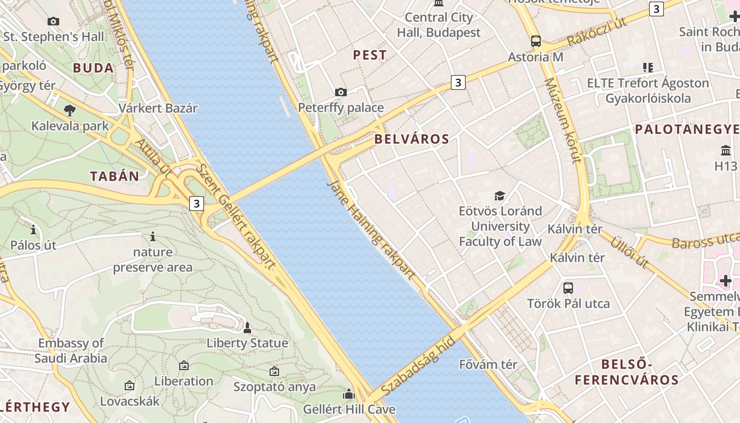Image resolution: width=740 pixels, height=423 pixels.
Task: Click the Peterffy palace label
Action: coord(341,108)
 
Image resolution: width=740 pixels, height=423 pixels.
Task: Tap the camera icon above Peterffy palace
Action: coord(341,93)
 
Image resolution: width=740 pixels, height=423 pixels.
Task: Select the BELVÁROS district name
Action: coord(412,140)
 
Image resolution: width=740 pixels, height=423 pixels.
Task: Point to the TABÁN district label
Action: coord(115,177)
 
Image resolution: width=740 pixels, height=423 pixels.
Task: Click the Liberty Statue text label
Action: coord(247,343)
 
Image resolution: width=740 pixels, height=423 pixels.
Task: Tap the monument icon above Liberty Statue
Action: coord(247,328)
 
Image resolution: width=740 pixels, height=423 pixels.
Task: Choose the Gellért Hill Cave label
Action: coord(349,409)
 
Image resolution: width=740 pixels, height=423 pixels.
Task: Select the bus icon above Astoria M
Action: coord(536,41)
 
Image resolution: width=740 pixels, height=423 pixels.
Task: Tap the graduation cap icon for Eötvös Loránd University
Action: coord(499,196)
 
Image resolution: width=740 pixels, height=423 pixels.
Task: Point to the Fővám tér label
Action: coord(488,364)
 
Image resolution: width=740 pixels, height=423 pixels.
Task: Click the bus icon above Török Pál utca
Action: coord(568,288)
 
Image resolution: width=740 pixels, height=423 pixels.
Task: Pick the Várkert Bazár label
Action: coord(158,108)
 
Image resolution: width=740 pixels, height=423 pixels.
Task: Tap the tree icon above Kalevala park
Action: coord(69,111)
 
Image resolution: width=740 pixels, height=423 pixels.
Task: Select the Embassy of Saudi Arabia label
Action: coord(71,351)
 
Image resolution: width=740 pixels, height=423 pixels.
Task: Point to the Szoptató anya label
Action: coord(275,387)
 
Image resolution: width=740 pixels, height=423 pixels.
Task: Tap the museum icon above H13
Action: coord(726,152)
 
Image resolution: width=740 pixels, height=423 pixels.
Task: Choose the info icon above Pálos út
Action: coord(33,230)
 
